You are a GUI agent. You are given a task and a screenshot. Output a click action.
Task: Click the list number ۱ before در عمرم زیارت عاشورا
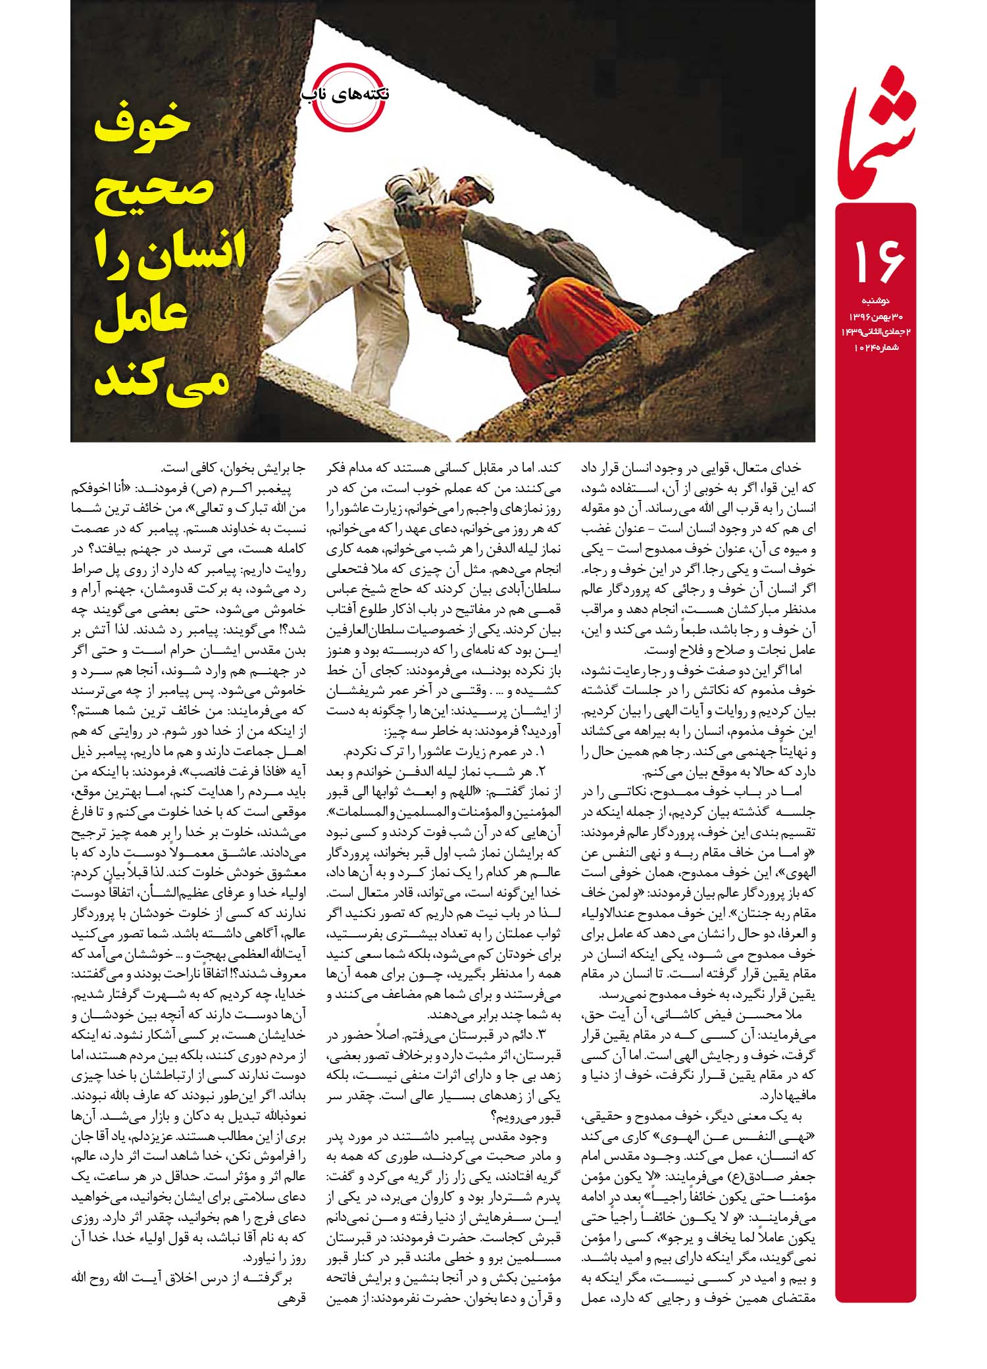point(541,751)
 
